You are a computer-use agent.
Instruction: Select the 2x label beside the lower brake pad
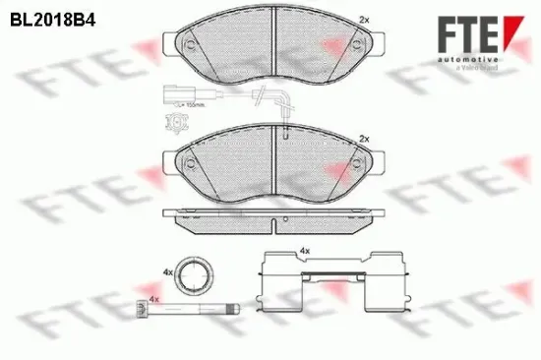pyautogui.click(x=367, y=139)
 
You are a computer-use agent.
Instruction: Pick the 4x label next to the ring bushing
pyautogui.click(x=169, y=270)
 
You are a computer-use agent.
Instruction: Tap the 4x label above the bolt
pyautogui.click(x=153, y=298)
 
